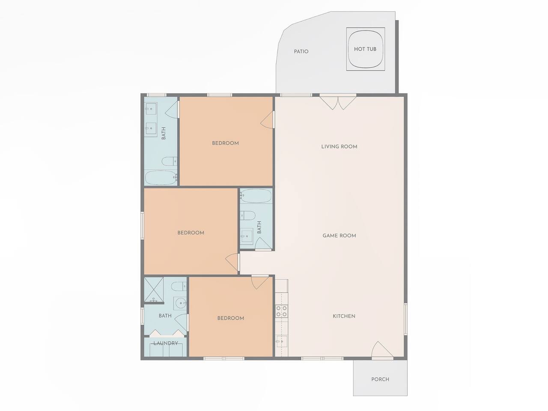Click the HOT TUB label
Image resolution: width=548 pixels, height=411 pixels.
tap(365, 49)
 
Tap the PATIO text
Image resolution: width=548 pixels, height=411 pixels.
tap(301, 52)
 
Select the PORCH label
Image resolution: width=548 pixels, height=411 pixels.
tap(380, 379)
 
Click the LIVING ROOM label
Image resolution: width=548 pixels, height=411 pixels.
tap(339, 147)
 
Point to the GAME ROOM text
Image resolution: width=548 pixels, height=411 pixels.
tap(339, 235)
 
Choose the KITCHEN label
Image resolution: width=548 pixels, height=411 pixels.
tap(344, 316)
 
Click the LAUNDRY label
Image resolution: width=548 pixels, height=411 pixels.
tap(166, 343)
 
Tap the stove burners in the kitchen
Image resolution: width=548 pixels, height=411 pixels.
tap(282, 311)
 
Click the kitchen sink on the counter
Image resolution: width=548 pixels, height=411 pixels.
tap(282, 341)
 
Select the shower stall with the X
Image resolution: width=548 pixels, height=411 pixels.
tap(154, 290)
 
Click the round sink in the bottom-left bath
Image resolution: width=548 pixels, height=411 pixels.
tap(180, 304)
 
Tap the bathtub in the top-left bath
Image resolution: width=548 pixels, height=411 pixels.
tap(161, 178)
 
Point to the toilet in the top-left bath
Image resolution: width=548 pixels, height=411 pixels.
tap(170, 161)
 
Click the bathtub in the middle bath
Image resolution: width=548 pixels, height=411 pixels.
tap(256, 196)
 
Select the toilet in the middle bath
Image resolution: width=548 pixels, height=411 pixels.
tap(247, 215)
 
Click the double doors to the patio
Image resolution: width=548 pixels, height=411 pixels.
tap(338, 103)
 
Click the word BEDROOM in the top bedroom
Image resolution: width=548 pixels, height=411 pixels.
tap(226, 143)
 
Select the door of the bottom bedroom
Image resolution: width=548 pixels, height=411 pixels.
tap(259, 283)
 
